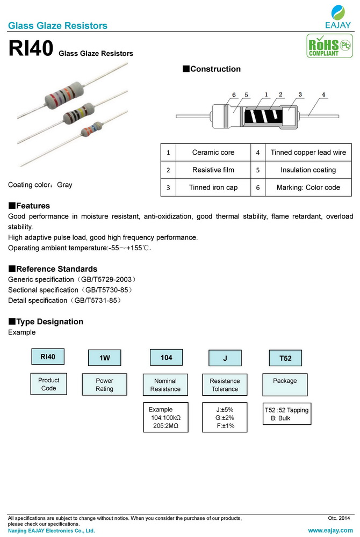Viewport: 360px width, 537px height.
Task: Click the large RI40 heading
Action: (31, 49)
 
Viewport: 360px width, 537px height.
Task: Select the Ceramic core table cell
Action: (213, 153)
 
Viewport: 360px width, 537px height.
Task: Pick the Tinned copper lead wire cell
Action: (308, 153)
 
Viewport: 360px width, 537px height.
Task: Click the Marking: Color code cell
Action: (308, 187)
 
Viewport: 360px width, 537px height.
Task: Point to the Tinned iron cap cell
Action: (213, 187)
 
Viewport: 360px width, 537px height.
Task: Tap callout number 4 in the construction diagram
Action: (323, 95)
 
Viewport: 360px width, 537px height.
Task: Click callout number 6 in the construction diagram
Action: (234, 95)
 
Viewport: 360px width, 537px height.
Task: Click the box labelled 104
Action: (166, 358)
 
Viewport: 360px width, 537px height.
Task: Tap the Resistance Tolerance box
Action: (225, 385)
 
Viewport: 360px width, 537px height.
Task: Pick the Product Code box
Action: (49, 384)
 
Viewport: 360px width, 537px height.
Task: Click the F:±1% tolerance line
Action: (225, 426)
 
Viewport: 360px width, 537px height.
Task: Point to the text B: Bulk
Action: (280, 418)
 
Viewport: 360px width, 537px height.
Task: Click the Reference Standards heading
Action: (53, 269)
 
